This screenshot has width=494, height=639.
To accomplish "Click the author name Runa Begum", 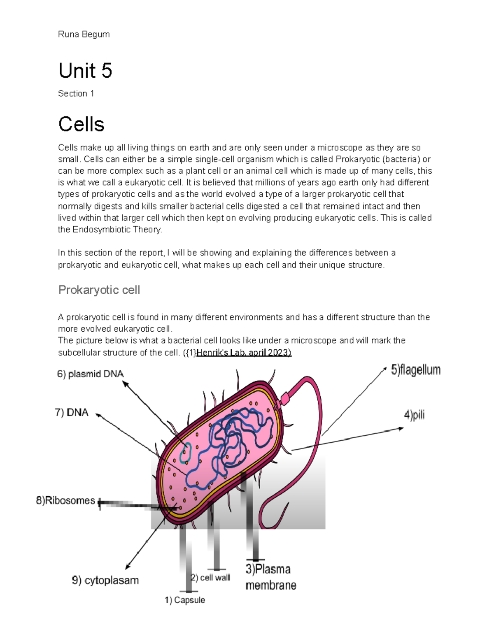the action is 84,34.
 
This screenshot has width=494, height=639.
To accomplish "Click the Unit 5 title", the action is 85,71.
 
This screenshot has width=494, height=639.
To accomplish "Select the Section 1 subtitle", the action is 76,94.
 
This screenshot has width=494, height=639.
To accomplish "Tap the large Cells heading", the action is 81,124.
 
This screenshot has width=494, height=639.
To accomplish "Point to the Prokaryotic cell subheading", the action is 99,290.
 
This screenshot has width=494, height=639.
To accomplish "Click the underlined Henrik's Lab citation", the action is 244,353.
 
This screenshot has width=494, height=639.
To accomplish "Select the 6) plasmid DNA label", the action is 90,374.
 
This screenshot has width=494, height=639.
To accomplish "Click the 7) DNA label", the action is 72,412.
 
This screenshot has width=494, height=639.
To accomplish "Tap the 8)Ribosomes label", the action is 65,500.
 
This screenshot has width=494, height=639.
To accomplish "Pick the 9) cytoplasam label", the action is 105,580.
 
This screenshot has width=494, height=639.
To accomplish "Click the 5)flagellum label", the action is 416,370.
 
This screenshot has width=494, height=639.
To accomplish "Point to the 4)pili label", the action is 414,415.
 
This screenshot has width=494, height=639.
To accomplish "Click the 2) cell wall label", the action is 211,578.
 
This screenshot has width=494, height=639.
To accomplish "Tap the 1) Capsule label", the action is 185,600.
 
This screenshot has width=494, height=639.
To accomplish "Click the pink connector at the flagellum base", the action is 284,398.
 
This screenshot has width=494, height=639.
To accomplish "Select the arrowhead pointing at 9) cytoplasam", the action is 128,567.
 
